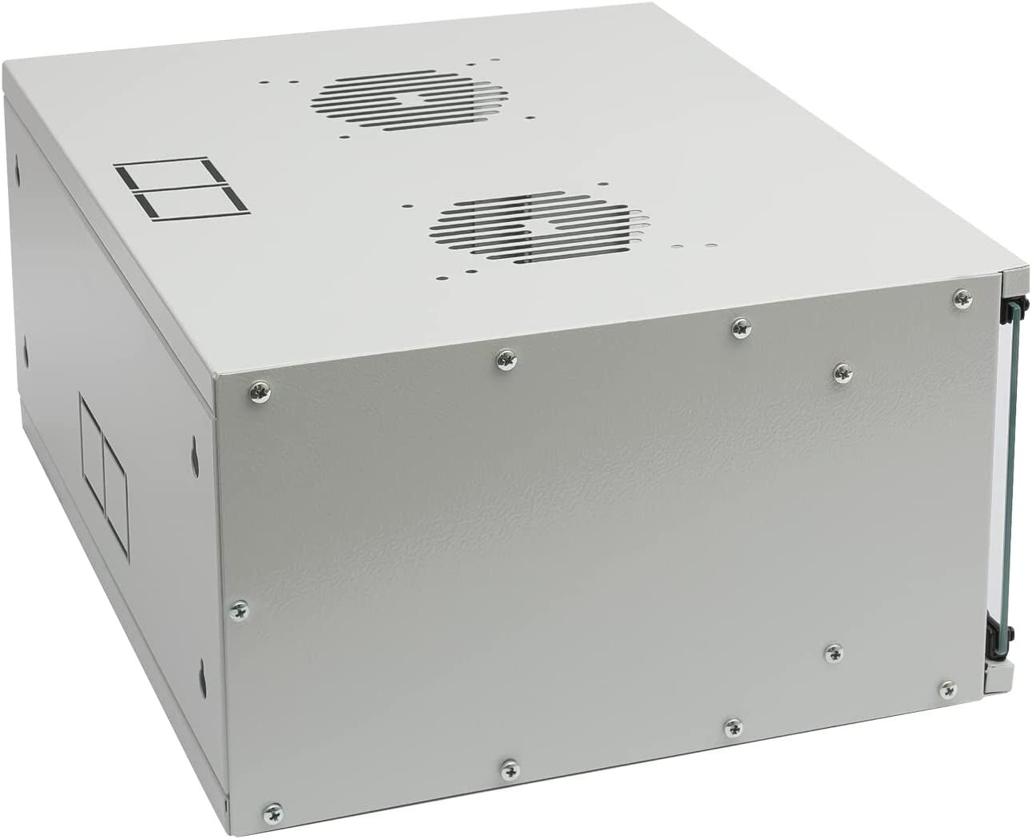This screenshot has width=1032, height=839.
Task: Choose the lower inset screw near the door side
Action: click(x=834, y=652)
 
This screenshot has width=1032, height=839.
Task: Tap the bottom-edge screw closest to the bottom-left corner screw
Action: click(x=510, y=769)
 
